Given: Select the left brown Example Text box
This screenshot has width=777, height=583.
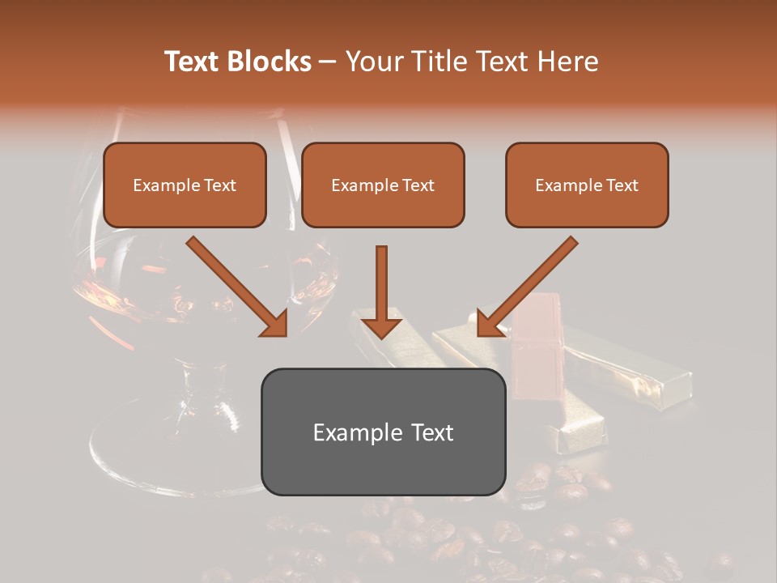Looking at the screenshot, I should point(185,185).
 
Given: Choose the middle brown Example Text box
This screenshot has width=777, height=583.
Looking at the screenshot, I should point(383,185).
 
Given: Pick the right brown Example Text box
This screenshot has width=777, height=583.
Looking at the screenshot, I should point(587,185).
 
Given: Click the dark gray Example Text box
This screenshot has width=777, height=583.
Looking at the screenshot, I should point(383,432).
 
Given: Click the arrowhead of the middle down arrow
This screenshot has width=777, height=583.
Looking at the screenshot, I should point(381,326).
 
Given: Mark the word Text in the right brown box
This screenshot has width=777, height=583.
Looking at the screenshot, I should point(621,185).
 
